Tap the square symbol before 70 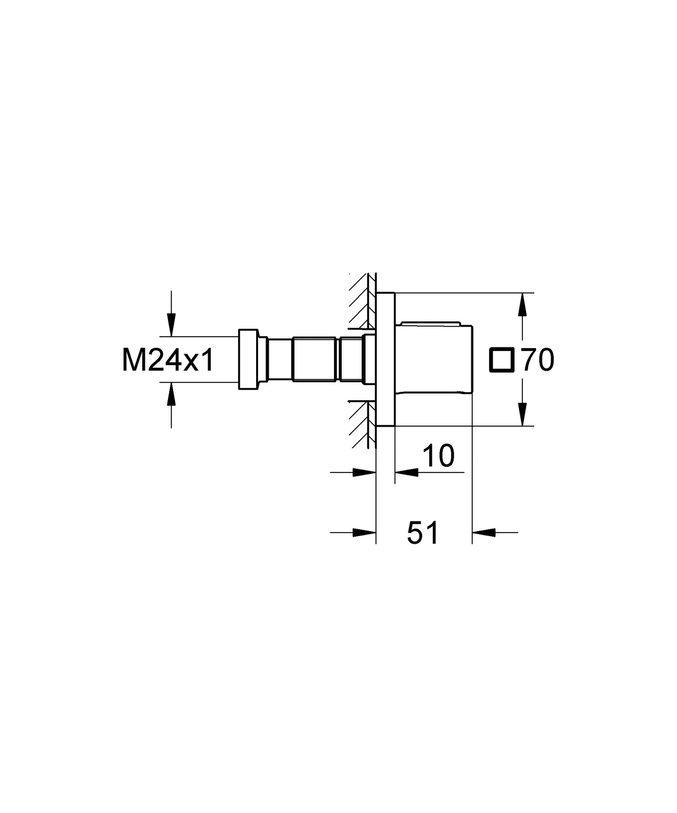(503, 360)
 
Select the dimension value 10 (438, 456)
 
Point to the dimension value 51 (423, 533)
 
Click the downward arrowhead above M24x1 (171, 324)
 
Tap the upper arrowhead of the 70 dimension (523, 305)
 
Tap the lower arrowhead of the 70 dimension (523, 414)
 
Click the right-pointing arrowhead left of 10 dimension (364, 472)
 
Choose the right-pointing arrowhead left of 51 (364, 532)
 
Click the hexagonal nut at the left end (248, 359)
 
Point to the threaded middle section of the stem (316, 360)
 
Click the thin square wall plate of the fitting (385, 360)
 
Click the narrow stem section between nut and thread (280, 360)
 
